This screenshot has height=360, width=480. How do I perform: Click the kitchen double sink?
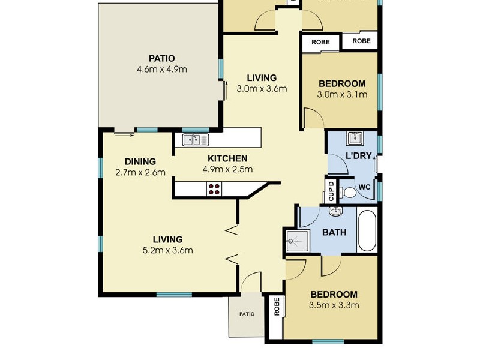point(196,140)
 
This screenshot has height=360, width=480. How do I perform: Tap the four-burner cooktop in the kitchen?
point(214,190)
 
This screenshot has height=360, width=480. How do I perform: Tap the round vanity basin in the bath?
point(335,211)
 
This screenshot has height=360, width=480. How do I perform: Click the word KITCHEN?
point(227,158)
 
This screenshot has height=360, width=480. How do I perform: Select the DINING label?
point(140,161)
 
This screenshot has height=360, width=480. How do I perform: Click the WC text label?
point(364,187)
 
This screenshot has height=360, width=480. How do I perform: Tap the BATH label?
point(334,232)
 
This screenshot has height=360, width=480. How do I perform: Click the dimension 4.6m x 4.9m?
point(162,69)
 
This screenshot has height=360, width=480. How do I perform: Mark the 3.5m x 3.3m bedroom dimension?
point(334,305)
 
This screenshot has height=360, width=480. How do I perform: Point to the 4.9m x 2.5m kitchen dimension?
point(227,169)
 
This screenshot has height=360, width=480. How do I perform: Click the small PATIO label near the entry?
point(247,314)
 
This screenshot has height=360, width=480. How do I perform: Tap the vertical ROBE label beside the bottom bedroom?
point(277,307)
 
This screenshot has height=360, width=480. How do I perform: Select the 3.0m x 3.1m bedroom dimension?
point(341,94)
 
